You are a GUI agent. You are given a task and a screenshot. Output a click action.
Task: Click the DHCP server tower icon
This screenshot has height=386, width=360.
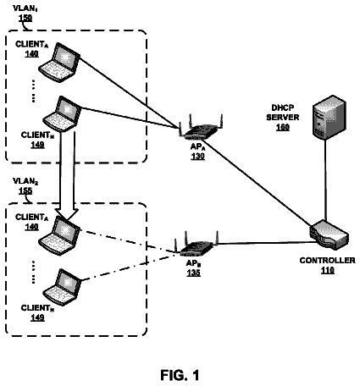pyautogui.click(x=330, y=118)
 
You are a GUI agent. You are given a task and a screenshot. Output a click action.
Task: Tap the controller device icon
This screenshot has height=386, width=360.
pyautogui.click(x=329, y=234)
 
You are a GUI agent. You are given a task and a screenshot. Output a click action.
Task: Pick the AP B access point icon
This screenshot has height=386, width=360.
pyautogui.click(x=197, y=245)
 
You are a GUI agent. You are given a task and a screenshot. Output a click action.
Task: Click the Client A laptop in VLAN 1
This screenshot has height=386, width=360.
pyautogui.click(x=59, y=63)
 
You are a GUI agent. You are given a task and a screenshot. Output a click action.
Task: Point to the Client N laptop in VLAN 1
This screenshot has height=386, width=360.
pyautogui.click(x=62, y=113)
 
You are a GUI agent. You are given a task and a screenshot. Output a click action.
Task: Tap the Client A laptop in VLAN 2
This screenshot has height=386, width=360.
pyautogui.click(x=59, y=236)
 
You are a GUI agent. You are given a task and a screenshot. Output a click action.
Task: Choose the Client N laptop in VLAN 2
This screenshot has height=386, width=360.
pyautogui.click(x=62, y=287)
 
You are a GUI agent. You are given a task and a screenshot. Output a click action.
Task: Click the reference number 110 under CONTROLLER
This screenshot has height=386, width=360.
pyautogui.click(x=328, y=270)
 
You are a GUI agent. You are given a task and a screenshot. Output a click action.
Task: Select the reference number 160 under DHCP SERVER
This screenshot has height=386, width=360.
pyautogui.click(x=283, y=127)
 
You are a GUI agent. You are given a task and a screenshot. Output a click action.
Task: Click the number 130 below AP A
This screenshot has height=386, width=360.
pyautogui.click(x=197, y=156)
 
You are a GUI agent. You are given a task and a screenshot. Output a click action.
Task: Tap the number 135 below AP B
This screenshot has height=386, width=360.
pyautogui.click(x=193, y=273)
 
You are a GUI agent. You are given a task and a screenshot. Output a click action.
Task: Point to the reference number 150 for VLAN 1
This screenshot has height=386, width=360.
pyautogui.click(x=25, y=18)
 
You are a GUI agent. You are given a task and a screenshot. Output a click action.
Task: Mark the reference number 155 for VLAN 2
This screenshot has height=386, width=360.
pyautogui.click(x=25, y=190)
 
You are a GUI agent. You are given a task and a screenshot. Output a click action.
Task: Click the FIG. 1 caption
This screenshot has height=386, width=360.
pyautogui.click(x=180, y=375)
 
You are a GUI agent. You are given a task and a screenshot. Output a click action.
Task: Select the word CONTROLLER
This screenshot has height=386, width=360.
pyautogui.click(x=328, y=260)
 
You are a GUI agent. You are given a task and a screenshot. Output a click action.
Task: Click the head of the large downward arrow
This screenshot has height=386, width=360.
pyautogui.click(x=67, y=214)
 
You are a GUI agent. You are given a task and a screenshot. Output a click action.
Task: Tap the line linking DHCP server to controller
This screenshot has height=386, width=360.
pyautogui.click(x=325, y=180)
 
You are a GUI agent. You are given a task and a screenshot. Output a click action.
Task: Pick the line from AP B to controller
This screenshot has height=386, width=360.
pyautogui.click(x=264, y=243)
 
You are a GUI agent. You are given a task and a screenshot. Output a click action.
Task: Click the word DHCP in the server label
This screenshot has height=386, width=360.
pyautogui.click(x=283, y=108)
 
